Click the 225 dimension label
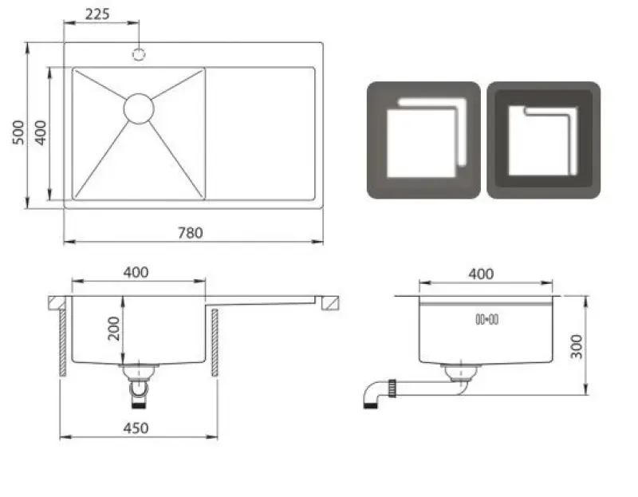(x=97, y=14)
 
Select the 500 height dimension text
(x=18, y=132)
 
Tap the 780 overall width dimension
(x=190, y=233)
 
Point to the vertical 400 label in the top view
(x=39, y=132)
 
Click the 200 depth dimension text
(x=114, y=328)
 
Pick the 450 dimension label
(x=136, y=428)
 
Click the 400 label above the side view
(x=481, y=274)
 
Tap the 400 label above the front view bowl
(x=136, y=272)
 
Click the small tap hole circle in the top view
(x=139, y=54)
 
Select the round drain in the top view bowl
(x=138, y=108)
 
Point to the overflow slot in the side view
(x=486, y=319)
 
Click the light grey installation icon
(x=423, y=140)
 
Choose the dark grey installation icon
(x=543, y=140)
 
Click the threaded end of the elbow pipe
(x=370, y=404)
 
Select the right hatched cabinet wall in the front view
(x=215, y=343)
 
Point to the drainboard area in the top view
(x=261, y=133)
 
